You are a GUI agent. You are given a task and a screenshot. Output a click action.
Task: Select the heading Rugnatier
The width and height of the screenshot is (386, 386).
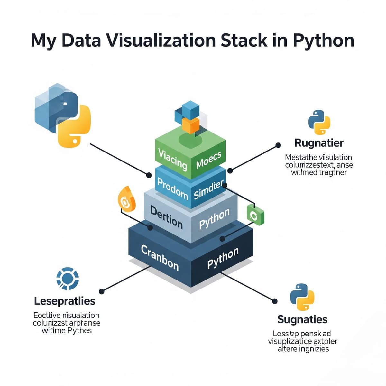319,143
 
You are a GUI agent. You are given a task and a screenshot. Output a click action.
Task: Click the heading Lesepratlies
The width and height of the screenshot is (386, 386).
65,301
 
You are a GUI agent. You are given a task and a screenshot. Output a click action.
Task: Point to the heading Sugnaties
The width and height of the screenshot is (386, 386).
302,319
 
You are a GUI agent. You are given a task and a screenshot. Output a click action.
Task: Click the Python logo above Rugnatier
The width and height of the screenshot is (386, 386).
319,122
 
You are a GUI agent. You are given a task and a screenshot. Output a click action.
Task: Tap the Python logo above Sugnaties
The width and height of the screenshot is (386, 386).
302,297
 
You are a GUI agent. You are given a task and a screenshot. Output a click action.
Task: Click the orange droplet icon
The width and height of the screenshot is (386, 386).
126,199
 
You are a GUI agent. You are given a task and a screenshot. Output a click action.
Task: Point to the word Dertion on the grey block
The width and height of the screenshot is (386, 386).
166,217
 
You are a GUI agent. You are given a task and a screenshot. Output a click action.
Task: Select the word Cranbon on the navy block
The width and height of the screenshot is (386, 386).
160,258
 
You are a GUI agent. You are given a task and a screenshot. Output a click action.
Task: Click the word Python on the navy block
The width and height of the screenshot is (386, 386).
223,258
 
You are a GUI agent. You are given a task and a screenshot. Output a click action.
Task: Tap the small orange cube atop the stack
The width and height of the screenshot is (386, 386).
190,125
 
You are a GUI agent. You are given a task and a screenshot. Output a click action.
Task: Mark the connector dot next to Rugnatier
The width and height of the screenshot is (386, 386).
278,146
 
